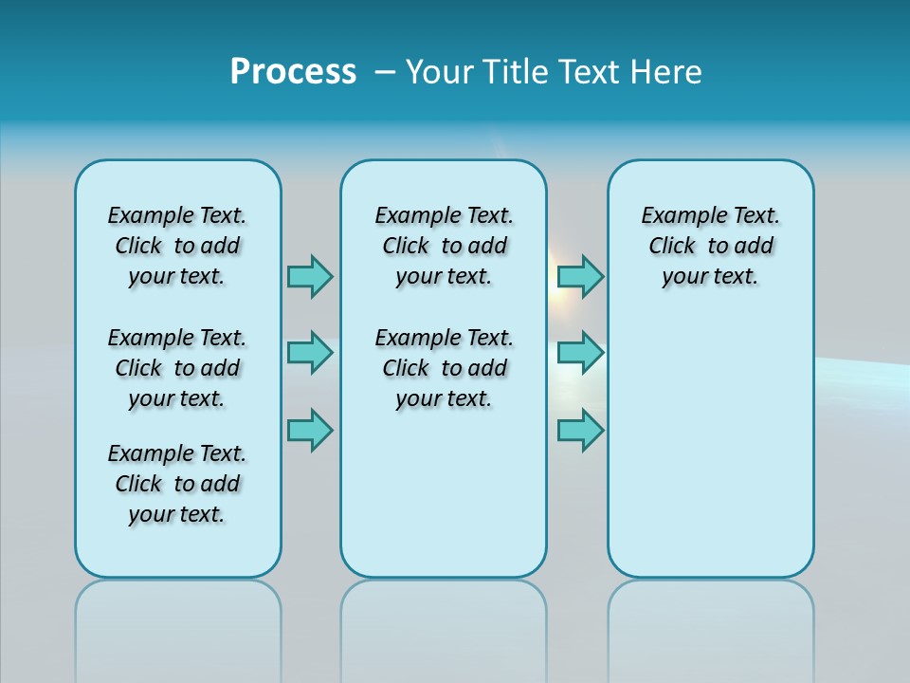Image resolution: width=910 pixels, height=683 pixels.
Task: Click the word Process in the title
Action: coord(293,72)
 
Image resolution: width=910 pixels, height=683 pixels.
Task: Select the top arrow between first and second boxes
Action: coord(310,276)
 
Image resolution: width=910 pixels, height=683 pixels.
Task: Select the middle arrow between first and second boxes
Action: coord(310,353)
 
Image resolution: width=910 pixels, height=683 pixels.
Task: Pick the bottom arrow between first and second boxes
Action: coord(310,431)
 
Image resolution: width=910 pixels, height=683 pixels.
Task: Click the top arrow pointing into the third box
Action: coord(580,276)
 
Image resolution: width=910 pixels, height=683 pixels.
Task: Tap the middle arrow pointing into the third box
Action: coord(580,353)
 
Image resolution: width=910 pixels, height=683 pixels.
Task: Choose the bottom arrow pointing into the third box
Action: coord(580,431)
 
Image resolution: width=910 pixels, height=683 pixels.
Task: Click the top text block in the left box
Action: coord(177,246)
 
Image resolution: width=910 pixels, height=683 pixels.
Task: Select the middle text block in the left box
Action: coord(177,368)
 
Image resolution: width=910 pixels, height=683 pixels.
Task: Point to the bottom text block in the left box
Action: coord(177,484)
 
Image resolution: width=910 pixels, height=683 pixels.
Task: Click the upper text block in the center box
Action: coord(444,246)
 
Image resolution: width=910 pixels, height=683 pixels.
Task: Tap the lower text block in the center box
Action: coord(444,368)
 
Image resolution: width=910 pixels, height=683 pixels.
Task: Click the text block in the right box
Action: coord(710,246)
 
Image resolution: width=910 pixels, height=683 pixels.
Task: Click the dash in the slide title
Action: coord(385,72)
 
